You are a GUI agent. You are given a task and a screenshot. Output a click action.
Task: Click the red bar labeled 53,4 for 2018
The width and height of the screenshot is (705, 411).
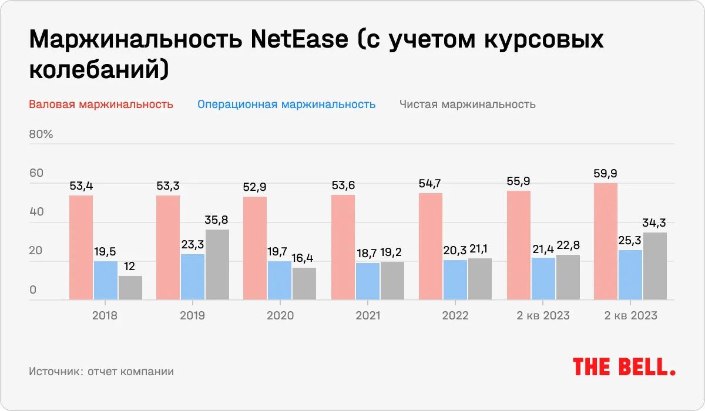81,248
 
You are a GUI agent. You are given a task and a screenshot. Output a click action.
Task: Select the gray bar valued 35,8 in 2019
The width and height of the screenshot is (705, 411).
217,265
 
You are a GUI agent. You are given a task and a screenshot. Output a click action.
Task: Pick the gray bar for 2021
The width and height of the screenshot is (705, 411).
392,281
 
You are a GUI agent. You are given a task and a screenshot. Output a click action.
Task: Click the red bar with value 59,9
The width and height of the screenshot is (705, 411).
606,242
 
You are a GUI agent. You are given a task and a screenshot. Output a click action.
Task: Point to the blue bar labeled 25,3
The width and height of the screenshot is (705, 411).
630,275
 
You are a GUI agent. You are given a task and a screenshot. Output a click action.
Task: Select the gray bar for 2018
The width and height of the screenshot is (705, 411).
130,288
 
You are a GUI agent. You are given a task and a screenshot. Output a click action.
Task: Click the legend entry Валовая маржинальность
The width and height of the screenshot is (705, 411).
100,105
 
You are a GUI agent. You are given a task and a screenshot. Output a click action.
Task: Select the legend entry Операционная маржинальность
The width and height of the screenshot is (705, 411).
286,105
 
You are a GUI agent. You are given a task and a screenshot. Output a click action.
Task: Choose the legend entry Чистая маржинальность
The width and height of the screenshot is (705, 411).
467,105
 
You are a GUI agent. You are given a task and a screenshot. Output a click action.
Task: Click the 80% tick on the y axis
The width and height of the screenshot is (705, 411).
41,134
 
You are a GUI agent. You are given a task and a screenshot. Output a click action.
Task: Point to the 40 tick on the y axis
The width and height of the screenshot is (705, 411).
36,212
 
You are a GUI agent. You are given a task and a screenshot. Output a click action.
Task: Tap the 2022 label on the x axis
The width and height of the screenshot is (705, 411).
455,316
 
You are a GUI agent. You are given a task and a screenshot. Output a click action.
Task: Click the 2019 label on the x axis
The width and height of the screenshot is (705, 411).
192,316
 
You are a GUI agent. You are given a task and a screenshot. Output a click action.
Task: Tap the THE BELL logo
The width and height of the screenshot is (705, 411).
623,367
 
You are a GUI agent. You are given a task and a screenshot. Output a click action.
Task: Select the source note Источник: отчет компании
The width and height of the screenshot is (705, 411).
101,372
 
